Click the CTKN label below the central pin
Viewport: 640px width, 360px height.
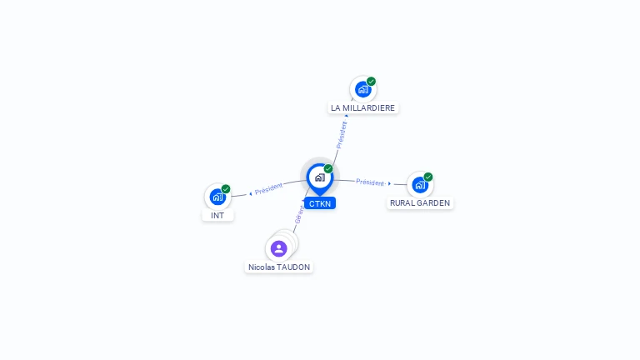[x=320, y=203]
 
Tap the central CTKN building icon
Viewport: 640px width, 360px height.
[x=319, y=177]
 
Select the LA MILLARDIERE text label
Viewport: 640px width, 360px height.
[x=362, y=107]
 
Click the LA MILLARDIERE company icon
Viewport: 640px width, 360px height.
[x=362, y=89]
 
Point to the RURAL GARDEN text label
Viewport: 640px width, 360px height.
[x=420, y=202]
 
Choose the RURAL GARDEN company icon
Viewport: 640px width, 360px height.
[x=419, y=184]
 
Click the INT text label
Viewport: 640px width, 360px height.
[x=217, y=215]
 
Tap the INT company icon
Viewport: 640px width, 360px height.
[x=217, y=197]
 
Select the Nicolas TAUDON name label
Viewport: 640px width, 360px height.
[x=279, y=267]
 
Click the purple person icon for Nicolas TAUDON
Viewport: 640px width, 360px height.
[x=278, y=248]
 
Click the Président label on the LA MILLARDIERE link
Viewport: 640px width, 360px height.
[x=342, y=134]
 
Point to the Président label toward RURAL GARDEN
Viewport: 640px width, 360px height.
[x=370, y=182]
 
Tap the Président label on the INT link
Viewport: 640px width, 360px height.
[x=269, y=188]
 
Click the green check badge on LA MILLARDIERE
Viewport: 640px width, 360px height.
[x=371, y=82]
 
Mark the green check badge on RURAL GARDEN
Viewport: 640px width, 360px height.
[x=428, y=177]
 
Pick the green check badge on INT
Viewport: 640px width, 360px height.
[x=226, y=189]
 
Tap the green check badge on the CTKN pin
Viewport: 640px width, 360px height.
[x=328, y=168]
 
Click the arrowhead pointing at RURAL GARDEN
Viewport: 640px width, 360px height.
[x=390, y=183]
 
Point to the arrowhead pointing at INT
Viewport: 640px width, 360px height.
[x=250, y=193]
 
